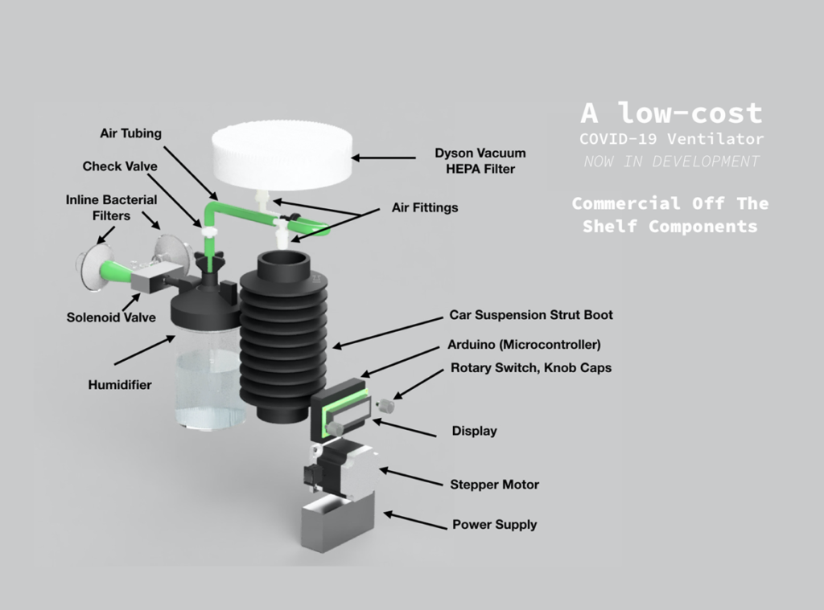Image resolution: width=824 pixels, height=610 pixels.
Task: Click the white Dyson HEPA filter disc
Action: pos(282,158)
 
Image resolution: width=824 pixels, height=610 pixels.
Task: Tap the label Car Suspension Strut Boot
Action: pos(530,315)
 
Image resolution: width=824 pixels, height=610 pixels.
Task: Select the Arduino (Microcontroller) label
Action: pos(524,345)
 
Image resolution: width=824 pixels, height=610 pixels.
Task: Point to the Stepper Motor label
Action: pos(494,485)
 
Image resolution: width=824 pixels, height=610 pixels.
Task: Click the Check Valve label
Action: pos(120,166)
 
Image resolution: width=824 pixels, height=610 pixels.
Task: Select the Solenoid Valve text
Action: pos(111,317)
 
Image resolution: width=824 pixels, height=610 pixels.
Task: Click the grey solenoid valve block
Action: pos(149,280)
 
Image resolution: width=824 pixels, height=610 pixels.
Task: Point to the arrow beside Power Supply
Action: pos(414,520)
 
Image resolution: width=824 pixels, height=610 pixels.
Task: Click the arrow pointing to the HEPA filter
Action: pos(382,158)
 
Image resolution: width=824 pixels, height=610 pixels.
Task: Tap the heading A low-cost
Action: pos(671,113)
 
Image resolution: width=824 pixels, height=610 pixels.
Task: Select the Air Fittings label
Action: pos(425,207)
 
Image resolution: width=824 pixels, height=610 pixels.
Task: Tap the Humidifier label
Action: pos(120,385)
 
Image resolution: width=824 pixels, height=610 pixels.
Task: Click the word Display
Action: pos(474,431)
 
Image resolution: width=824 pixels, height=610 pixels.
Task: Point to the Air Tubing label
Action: pos(130,133)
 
